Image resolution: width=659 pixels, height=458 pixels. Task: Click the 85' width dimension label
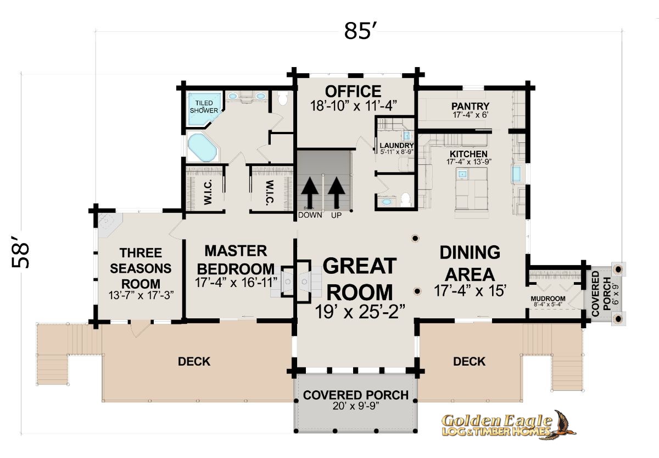[360, 30]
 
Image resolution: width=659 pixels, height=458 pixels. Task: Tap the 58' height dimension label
[21, 252]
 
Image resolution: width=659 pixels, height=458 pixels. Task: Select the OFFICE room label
[353, 91]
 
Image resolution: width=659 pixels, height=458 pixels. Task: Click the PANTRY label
[471, 106]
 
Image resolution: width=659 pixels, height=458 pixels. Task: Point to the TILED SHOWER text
[204, 107]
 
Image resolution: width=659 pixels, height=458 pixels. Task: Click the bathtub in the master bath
[203, 147]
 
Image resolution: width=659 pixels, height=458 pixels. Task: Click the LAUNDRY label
[396, 146]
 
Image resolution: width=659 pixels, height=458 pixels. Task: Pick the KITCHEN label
[468, 154]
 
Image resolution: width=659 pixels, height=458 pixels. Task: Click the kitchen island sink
[462, 174]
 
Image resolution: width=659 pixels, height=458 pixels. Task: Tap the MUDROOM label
[548, 299]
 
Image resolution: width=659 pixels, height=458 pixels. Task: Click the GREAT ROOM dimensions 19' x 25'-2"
[360, 312]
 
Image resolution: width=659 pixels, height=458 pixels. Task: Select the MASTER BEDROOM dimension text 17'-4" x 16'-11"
[236, 282]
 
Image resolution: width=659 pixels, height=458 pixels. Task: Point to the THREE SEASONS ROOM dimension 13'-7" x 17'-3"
[141, 295]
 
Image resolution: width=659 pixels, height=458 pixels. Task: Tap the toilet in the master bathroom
[283, 98]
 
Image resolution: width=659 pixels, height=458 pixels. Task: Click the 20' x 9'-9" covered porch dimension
[356, 406]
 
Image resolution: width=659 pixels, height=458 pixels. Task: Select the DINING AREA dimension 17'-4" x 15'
[470, 291]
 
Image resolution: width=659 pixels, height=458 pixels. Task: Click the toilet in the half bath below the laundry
[406, 200]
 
